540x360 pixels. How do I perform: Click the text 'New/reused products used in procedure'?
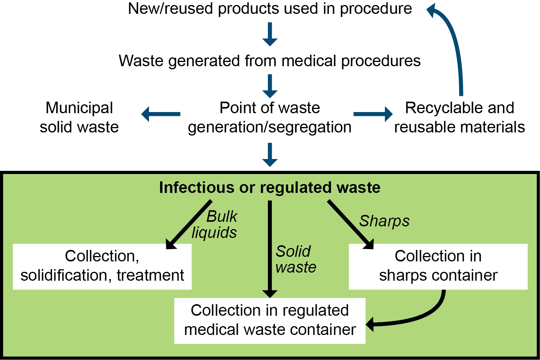270,8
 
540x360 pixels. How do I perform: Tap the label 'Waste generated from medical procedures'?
269,61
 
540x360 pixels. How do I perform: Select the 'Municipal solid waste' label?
79,117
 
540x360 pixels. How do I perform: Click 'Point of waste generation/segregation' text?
269,117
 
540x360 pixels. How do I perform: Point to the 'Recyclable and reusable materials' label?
460,117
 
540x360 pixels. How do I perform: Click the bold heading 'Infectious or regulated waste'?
269,188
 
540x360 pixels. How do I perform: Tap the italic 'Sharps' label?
384,221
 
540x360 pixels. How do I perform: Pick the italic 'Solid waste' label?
296,259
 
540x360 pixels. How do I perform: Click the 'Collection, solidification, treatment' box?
102,266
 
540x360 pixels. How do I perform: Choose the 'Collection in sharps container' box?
438,266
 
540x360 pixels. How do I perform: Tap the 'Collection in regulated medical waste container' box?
269,320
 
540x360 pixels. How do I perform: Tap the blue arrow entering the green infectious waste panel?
270,154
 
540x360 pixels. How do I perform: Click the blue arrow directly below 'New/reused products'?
270,34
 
